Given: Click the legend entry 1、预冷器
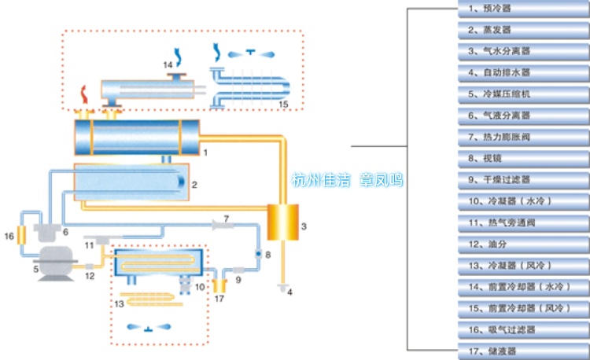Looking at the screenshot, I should coord(522,9).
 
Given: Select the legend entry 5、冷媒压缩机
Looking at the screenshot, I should coord(522,94).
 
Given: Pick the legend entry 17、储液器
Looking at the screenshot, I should coord(522,350).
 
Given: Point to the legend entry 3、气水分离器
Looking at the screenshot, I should coord(522,51).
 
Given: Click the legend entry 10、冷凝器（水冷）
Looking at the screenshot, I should coord(522,200).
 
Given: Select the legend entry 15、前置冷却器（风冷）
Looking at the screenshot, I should coord(522,307).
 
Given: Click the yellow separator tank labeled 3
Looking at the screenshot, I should coord(278,223).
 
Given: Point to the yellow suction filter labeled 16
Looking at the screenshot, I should coord(22,234).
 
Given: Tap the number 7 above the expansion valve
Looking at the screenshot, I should coord(226,216).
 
